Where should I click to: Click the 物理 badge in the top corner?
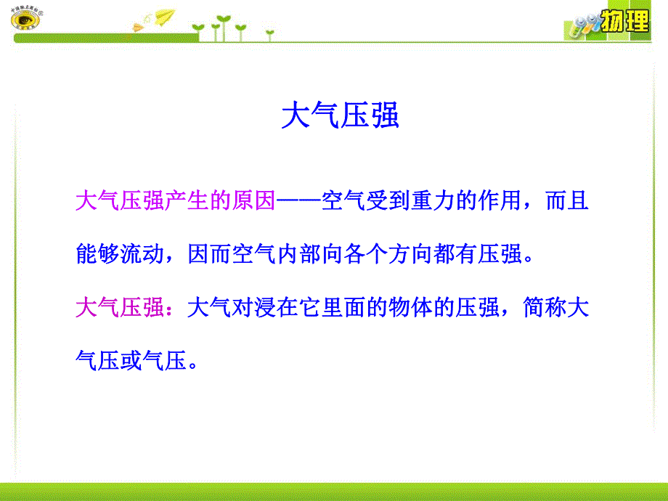tap(625, 21)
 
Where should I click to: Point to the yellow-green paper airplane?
tap(165, 15)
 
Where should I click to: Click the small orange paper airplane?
tap(139, 27)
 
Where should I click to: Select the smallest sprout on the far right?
tap(269, 33)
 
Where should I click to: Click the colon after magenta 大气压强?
tap(175, 309)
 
